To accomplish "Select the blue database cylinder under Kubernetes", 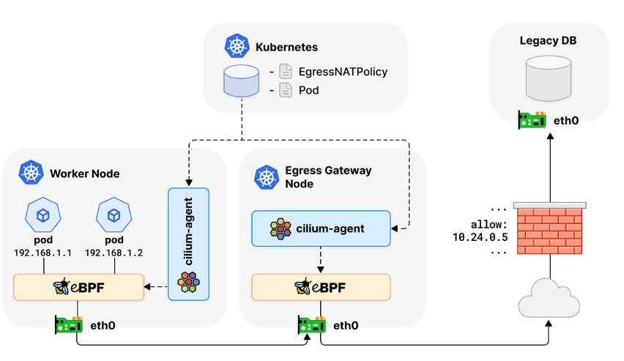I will pyautogui.click(x=241, y=81).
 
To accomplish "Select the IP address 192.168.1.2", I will pyautogui.click(x=114, y=253).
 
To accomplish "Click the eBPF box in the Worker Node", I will pyautogui.click(x=79, y=287).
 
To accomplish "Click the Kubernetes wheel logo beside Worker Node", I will pyautogui.click(x=30, y=174).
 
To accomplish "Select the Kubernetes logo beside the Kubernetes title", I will pyautogui.click(x=237, y=47).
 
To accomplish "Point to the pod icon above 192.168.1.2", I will pyautogui.click(x=114, y=215).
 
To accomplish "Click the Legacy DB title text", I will pyautogui.click(x=548, y=40).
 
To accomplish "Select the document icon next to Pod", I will pyautogui.click(x=285, y=90).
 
